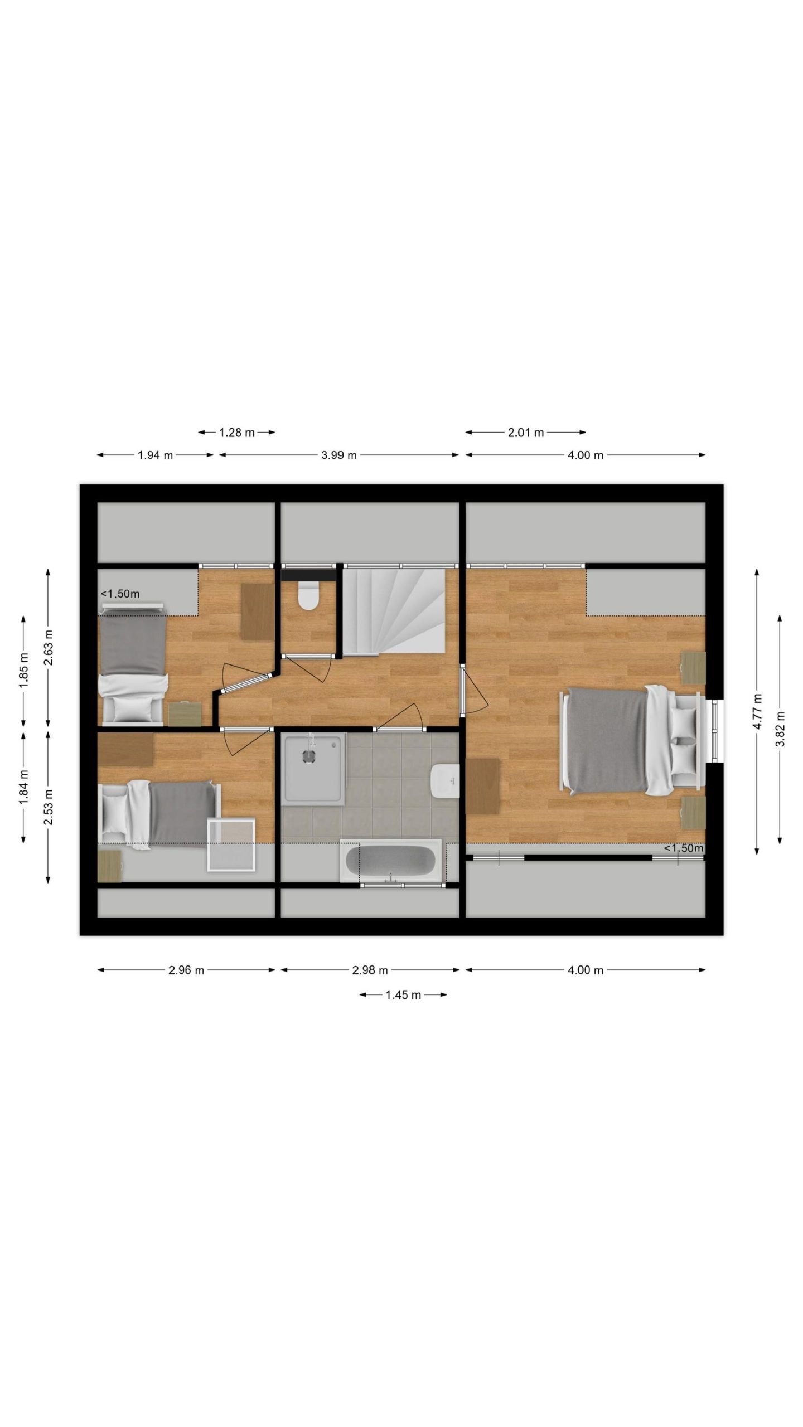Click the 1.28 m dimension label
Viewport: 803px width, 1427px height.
pos(237,432)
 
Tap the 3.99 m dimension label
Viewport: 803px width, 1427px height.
pos(338,455)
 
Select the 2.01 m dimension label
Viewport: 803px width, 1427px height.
pos(525,432)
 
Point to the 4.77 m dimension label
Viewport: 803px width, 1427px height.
pos(757,711)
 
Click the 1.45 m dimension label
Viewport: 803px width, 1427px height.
pos(403,994)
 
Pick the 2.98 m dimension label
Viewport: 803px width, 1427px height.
pos(370,970)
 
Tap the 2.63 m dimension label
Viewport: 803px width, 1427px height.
pos(49,647)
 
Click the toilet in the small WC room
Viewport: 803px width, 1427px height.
pos(307,596)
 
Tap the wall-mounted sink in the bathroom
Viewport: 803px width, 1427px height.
pos(444,782)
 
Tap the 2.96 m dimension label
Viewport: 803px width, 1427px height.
pos(186,970)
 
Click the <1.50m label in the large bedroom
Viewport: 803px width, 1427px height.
pos(683,848)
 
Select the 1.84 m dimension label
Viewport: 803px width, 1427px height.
pos(24,787)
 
